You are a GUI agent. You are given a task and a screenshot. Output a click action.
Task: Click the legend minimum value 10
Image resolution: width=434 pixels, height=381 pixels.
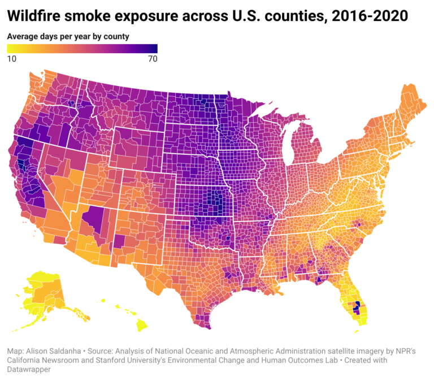click(x=11, y=59)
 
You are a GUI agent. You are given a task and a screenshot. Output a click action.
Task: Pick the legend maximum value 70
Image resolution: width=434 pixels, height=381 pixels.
click(x=152, y=59)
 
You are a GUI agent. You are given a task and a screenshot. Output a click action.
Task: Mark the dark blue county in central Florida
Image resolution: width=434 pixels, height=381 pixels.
click(x=357, y=306)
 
